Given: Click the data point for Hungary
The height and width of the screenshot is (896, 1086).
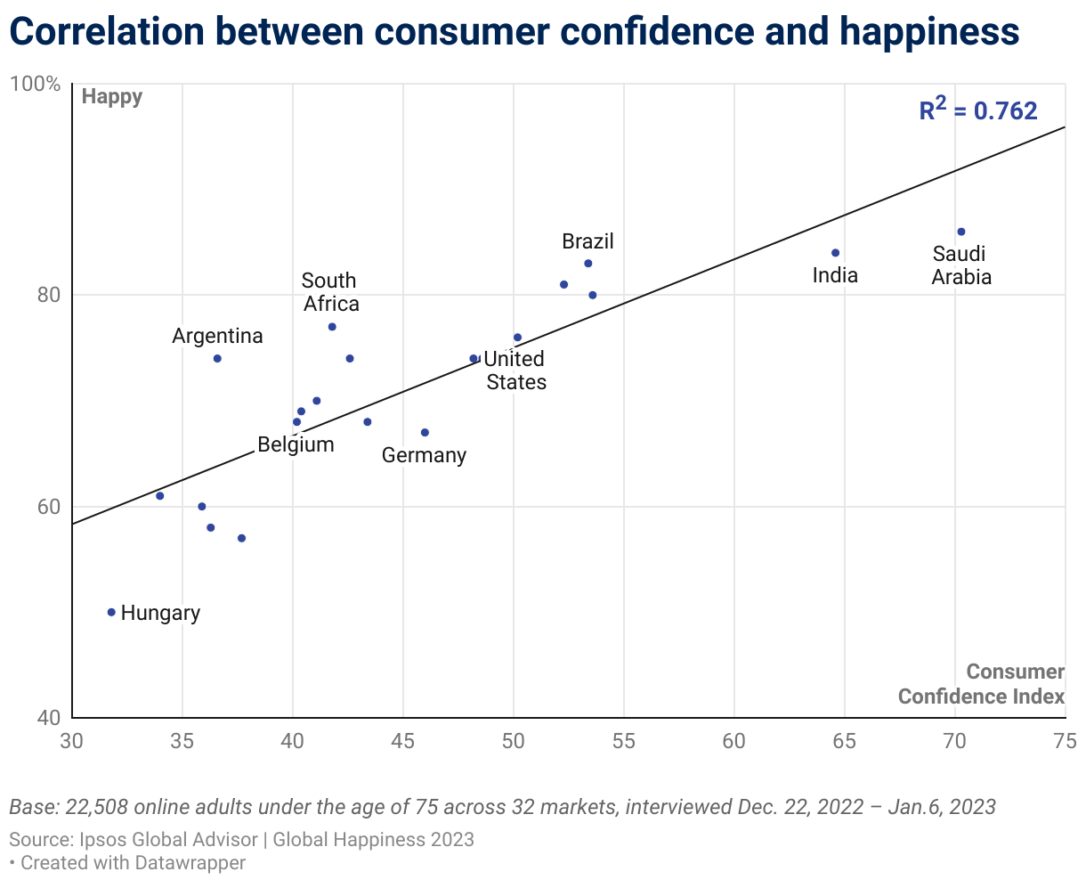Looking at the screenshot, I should click(x=111, y=612).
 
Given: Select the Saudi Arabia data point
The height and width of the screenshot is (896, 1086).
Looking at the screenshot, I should click(x=961, y=232).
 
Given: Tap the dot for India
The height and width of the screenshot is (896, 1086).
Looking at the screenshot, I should click(x=835, y=253).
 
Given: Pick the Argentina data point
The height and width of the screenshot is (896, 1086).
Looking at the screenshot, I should click(x=217, y=358).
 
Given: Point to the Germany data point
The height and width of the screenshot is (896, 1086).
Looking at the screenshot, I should click(x=425, y=433).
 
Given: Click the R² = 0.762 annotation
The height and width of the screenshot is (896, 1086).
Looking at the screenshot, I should click(x=978, y=110).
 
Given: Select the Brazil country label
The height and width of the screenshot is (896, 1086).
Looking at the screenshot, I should click(x=588, y=241).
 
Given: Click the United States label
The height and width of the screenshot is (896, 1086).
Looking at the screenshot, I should click(x=515, y=371).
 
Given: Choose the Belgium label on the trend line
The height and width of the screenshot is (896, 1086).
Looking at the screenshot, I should click(x=296, y=444).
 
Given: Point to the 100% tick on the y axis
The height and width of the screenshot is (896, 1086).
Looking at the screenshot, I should click(x=35, y=85).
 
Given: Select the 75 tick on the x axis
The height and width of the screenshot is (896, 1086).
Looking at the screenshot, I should click(x=1065, y=741).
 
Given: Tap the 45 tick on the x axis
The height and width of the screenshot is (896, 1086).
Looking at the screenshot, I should click(x=403, y=741).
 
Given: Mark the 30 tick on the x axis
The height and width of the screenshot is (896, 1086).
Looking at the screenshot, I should click(x=72, y=741).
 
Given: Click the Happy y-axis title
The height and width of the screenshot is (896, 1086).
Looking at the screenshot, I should click(x=112, y=96).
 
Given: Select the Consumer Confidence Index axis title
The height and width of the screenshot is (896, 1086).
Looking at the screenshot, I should click(x=981, y=684).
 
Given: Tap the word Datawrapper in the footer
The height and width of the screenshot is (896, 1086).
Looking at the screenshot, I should click(x=190, y=862).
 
